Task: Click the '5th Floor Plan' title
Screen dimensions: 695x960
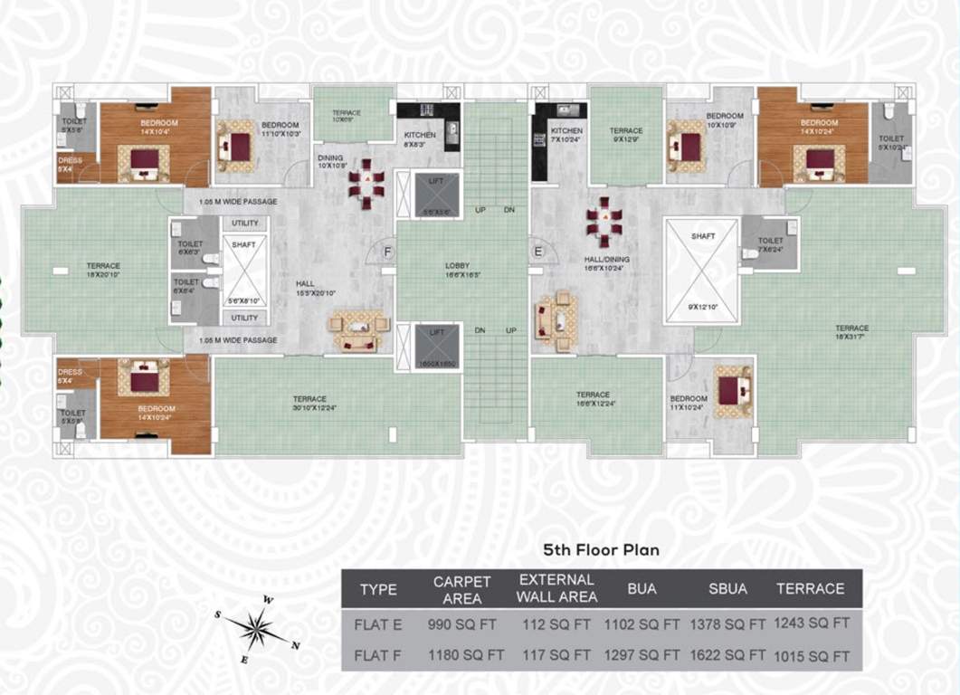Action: [601, 549]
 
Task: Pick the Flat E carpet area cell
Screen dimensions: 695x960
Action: [465, 624]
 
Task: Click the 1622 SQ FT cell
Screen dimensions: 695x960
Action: [727, 653]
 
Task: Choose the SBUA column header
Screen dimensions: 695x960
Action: [727, 589]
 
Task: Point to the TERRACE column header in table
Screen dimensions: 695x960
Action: [810, 589]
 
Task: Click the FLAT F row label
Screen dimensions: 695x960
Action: [378, 653]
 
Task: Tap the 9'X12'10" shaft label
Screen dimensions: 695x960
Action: [702, 308]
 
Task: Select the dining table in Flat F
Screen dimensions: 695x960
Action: [366, 185]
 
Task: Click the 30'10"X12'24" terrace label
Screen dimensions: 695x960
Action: [310, 404]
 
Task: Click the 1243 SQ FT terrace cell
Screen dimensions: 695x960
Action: [810, 624]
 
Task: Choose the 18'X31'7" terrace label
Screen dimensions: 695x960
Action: [851, 332]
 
